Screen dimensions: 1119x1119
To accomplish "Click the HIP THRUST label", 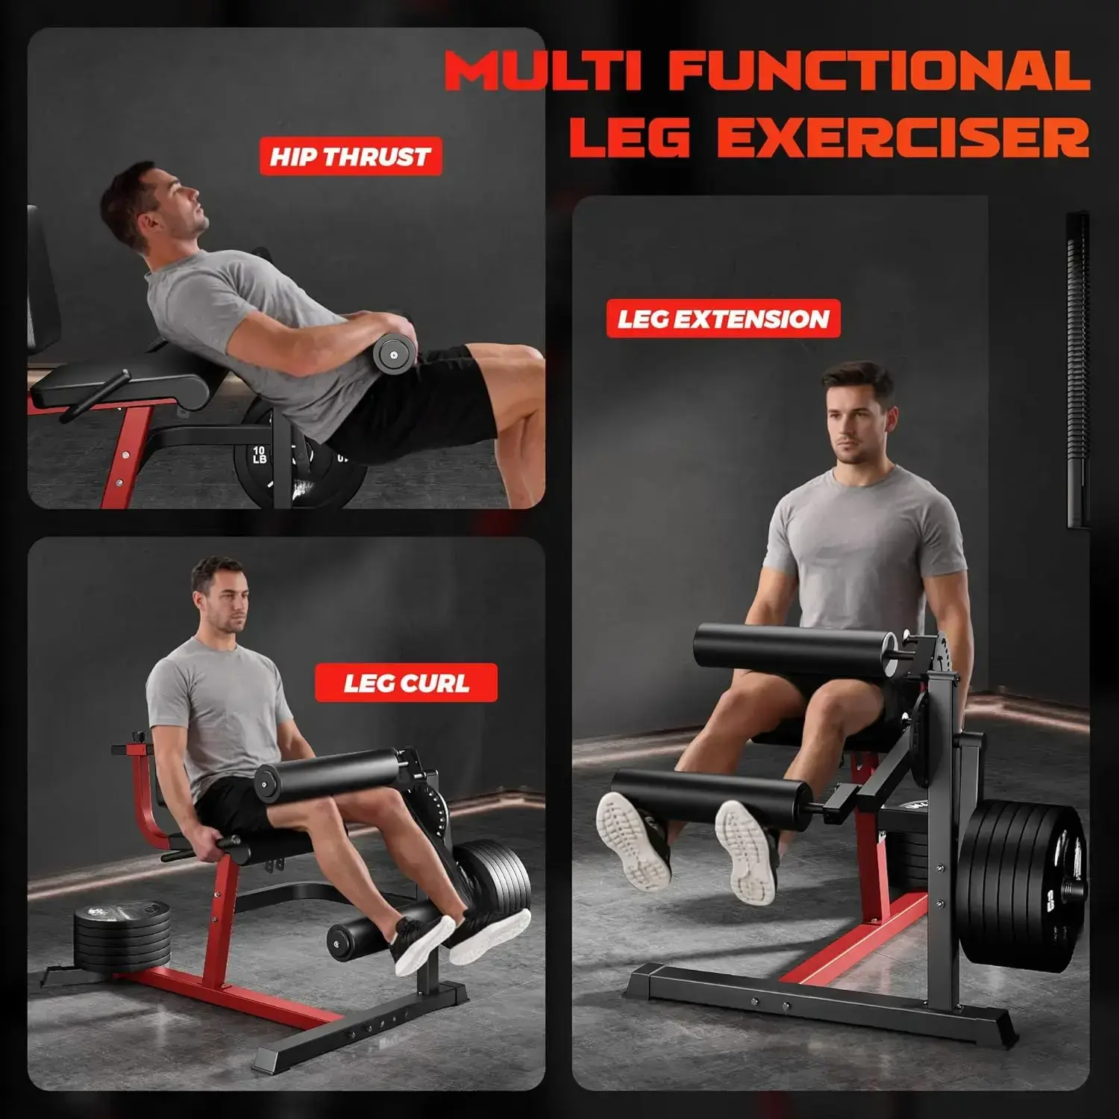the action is [x=351, y=157].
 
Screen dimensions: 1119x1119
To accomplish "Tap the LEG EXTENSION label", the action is [x=723, y=319].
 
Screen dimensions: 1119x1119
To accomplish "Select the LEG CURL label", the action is [x=406, y=683].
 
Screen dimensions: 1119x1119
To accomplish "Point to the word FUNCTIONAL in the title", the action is [x=880, y=71].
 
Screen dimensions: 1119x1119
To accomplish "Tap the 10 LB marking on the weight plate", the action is [x=259, y=454].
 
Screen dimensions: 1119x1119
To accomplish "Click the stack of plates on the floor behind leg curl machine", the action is [x=123, y=935].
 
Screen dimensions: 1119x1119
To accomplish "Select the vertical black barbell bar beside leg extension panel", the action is [x=1079, y=370].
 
